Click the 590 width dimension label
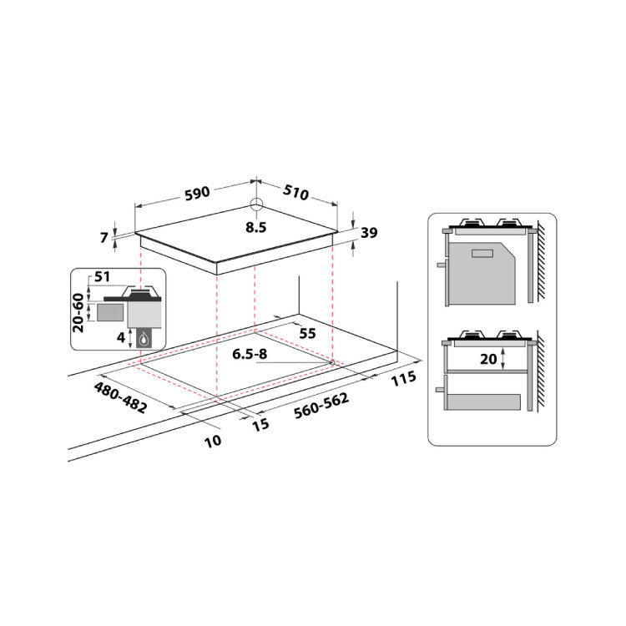coord(197,194)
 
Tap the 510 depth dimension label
coord(295,192)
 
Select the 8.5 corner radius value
coord(256,228)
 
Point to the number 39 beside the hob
coord(369,232)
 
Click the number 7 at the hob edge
coord(103,238)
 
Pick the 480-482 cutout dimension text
coord(120,397)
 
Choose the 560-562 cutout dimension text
coord(321,406)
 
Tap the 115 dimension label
coord(404,378)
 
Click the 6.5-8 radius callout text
coord(250,354)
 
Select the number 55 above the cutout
coord(307,333)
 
